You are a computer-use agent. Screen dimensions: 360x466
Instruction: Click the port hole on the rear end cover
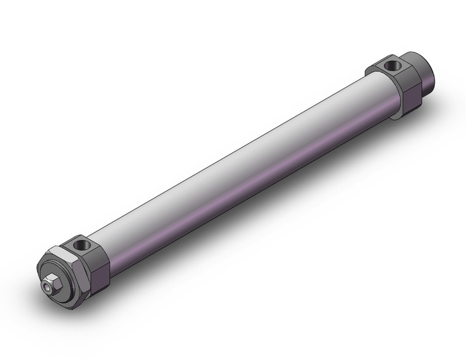[391, 64]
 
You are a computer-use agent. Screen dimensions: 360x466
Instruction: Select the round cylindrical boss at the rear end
[427, 71]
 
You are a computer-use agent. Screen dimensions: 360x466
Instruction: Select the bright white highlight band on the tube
[233, 144]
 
